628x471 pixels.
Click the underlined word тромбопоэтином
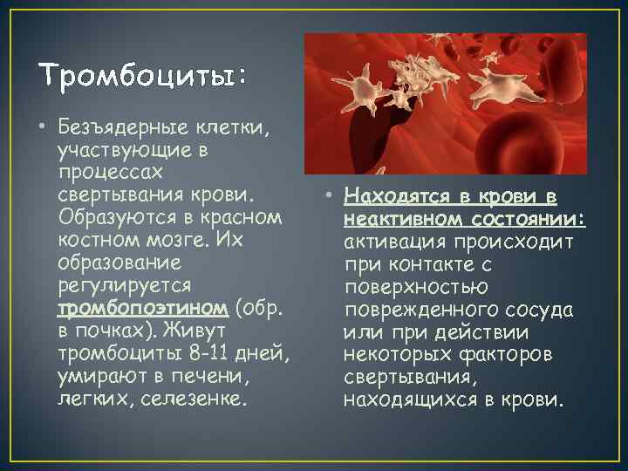coord(143,308)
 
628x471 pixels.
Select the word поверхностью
coord(416,287)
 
